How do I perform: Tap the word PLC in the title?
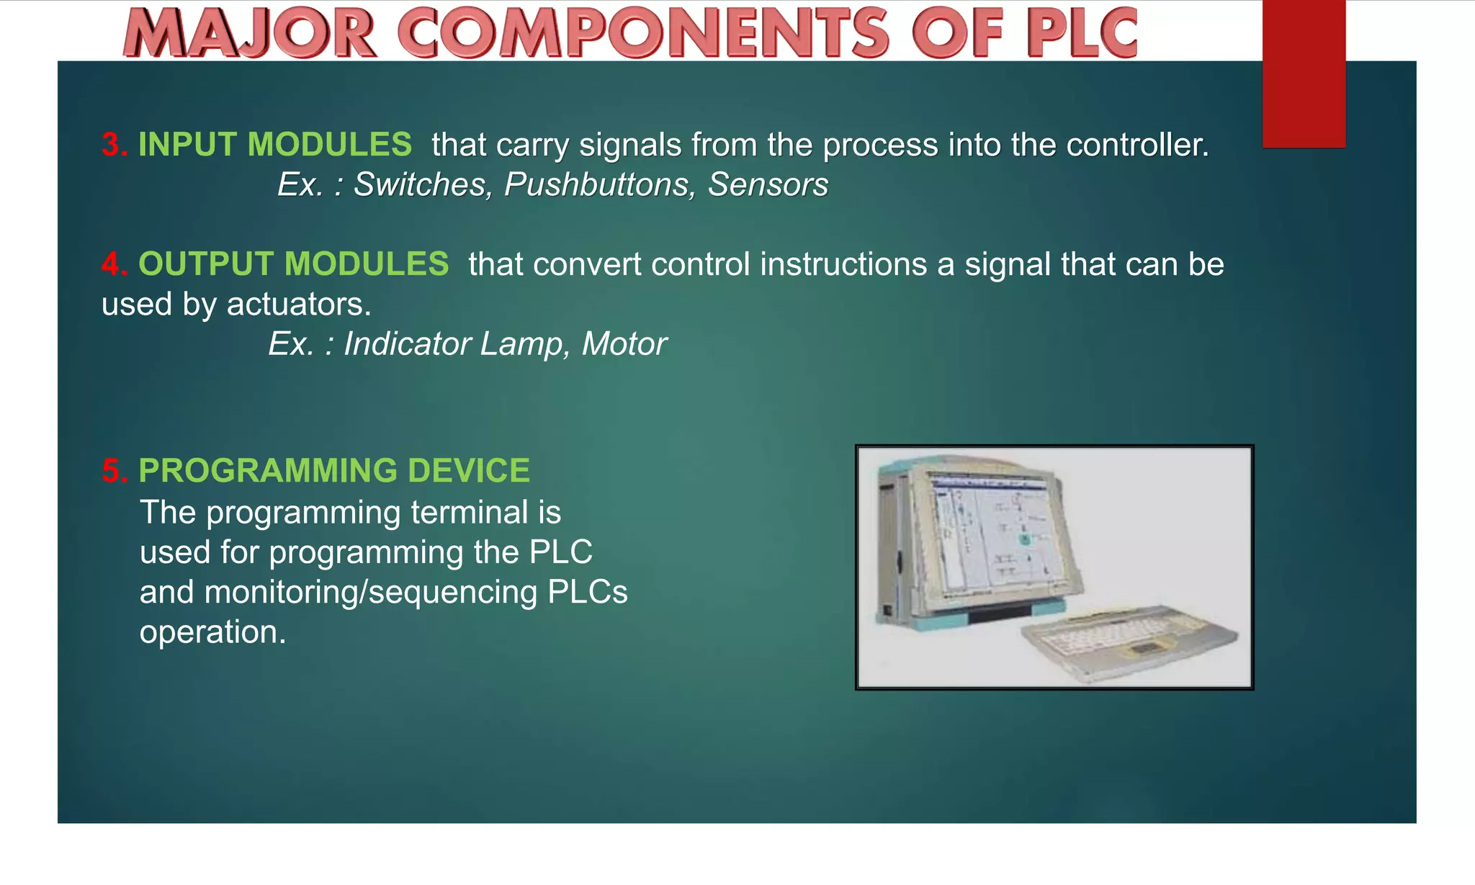point(1082,33)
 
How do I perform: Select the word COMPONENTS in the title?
point(644,33)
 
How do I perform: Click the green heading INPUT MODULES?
point(274,145)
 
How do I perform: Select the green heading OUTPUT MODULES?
point(293,264)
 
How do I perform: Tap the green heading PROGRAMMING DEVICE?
point(333,471)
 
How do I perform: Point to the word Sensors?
point(768,185)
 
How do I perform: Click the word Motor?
point(624,344)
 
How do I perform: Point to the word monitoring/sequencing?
point(371,593)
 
